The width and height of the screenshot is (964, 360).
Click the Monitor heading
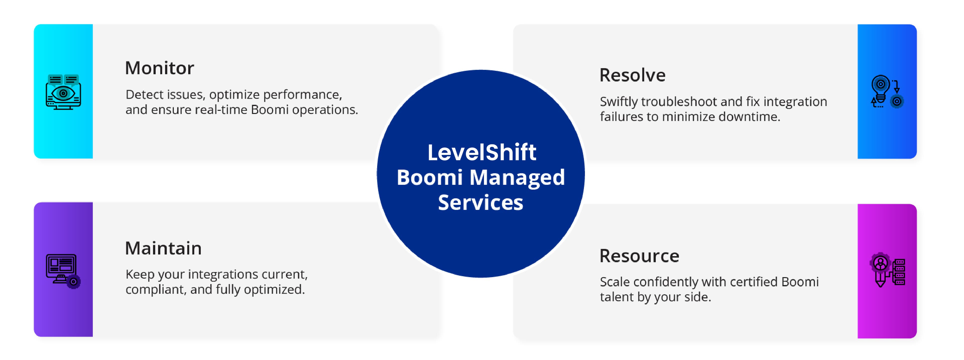point(159,68)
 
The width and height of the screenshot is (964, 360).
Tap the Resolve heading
point(632,75)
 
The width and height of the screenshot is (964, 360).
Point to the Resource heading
point(639,256)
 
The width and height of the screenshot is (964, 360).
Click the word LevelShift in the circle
point(482,152)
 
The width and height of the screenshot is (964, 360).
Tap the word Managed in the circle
point(517,177)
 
